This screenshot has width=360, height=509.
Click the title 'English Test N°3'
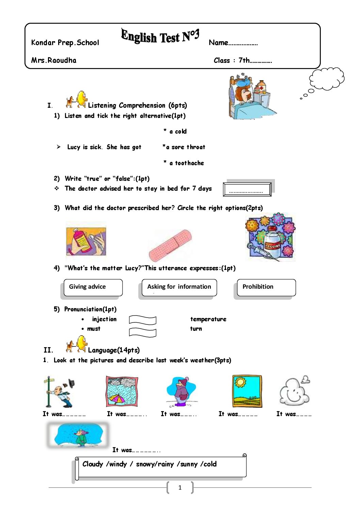tap(160, 36)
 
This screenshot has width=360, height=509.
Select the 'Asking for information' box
tap(179, 287)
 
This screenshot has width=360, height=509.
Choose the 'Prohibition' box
tap(266, 287)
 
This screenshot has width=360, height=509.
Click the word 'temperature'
tap(208, 319)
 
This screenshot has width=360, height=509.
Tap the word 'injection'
tap(104, 319)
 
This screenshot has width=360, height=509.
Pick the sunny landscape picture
tap(247, 391)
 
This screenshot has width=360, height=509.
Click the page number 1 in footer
tap(180, 488)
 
